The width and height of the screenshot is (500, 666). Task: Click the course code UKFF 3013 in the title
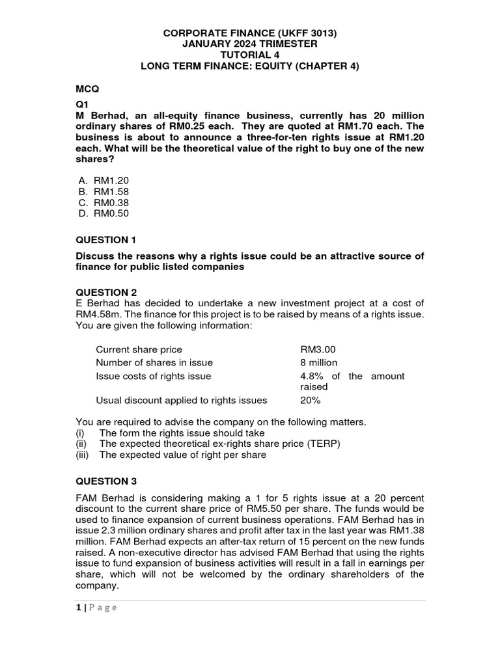point(307,33)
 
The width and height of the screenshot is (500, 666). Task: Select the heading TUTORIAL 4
point(250,55)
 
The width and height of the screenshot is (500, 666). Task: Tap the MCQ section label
point(87,88)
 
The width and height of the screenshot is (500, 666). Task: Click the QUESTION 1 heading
point(106,240)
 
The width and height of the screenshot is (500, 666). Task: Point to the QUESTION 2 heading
point(106,292)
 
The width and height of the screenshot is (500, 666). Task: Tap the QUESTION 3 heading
point(106,481)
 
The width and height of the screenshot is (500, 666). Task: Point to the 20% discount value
point(311,400)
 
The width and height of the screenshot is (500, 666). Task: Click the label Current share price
point(139,349)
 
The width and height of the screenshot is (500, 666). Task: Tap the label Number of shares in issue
point(154,362)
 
